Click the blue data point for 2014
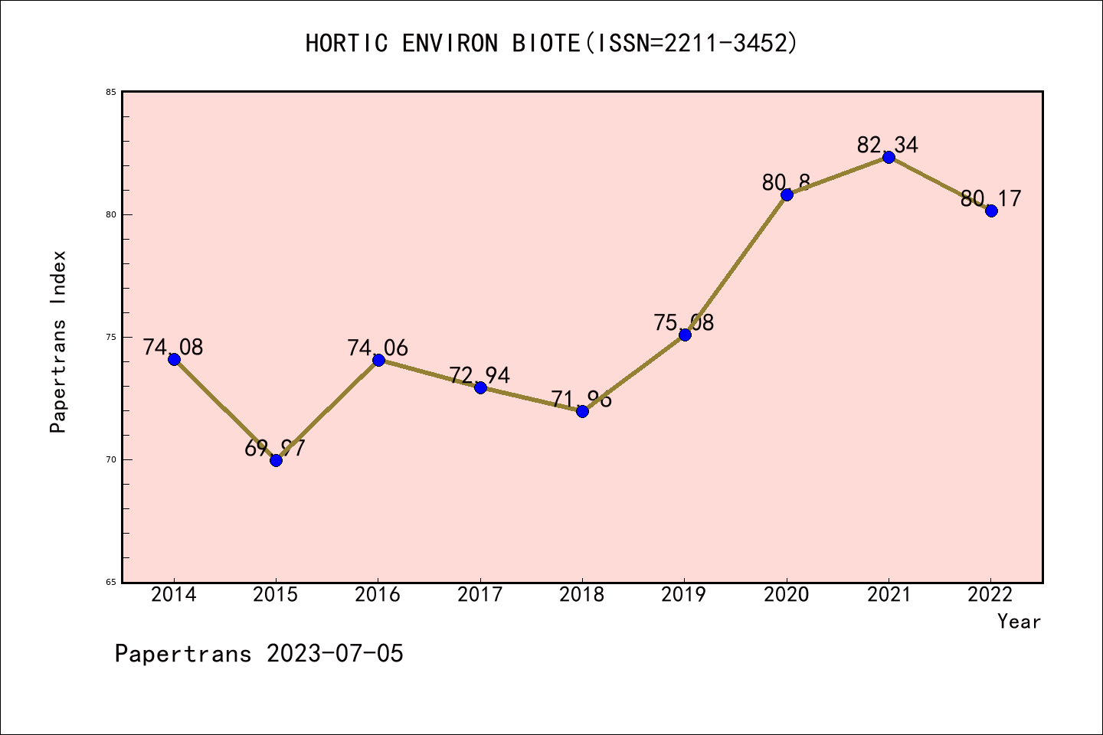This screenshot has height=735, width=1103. point(174,359)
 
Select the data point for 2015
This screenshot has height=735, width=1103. point(276,460)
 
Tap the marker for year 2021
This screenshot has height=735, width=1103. point(889,158)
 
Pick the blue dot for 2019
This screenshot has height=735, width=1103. point(685,335)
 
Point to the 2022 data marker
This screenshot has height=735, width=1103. point(991,211)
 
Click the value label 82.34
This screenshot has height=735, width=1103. point(888,145)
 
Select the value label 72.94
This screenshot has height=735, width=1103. point(479,375)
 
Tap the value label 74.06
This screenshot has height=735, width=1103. point(378,348)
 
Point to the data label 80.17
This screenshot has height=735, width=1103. point(991,199)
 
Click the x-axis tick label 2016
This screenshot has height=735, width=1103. point(378,595)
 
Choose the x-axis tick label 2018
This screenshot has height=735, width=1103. point(582,595)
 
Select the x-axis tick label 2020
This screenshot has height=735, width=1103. point(787,595)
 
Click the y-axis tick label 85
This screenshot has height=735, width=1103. point(111,93)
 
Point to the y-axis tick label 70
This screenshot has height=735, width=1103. point(111,460)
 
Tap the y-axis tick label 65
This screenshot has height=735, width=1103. point(111,583)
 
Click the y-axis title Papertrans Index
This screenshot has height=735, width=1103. point(59,341)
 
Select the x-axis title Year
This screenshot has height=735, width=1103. point(1019,622)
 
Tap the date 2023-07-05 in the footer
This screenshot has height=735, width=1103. point(335,654)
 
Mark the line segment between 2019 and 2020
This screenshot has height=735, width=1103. point(735,265)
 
